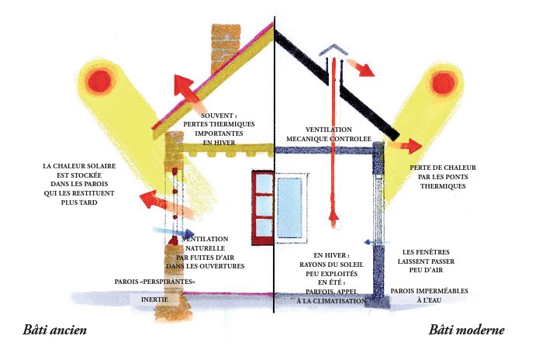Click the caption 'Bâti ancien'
click(54, 331)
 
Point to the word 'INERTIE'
click(156, 299)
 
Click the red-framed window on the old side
click(261, 203)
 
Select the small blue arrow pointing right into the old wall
click(175, 231)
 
